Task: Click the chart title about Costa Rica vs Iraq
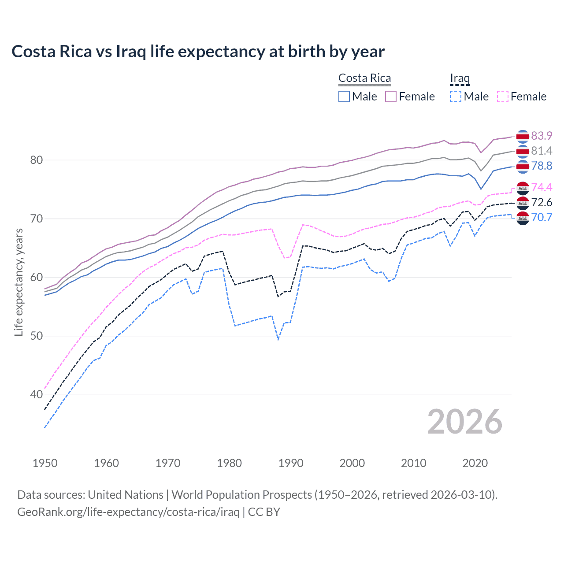point(198,52)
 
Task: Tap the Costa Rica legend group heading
point(364,78)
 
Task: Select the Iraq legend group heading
point(460,78)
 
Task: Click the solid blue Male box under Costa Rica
point(344,96)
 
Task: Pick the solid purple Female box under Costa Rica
point(391,96)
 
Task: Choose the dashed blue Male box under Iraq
point(456,96)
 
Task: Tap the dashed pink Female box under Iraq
point(503,96)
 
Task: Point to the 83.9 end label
point(542,136)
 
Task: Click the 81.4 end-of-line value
point(542,151)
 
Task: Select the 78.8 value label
point(542,166)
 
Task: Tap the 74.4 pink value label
point(542,187)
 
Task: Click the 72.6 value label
point(542,202)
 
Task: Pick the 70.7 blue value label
point(542,217)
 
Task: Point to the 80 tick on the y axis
point(37,160)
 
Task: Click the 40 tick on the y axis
point(37,394)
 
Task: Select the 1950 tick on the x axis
point(45,463)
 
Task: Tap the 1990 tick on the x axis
point(291,463)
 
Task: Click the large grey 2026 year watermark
point(465,422)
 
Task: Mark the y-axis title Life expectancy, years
point(19,282)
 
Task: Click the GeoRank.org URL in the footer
point(128,512)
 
